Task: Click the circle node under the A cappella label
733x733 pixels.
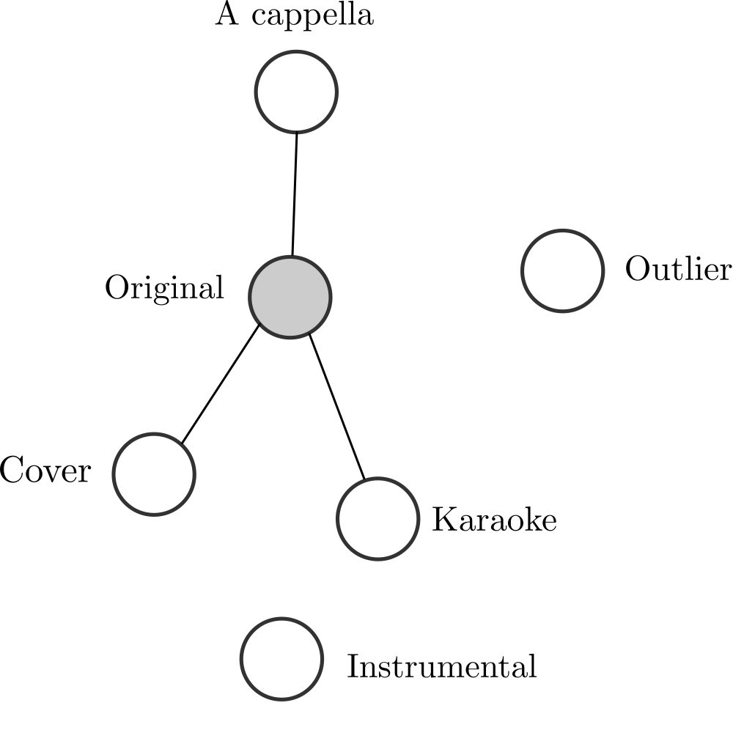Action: (x=296, y=92)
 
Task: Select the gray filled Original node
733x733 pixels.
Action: (x=290, y=297)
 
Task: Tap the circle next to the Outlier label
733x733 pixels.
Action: (x=563, y=270)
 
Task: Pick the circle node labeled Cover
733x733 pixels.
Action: (x=154, y=474)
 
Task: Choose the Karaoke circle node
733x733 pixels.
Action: (x=377, y=519)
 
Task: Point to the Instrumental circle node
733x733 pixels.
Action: (x=282, y=658)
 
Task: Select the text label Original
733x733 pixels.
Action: (x=164, y=288)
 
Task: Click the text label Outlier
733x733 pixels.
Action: (x=678, y=270)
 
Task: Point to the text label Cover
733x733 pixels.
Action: (x=45, y=471)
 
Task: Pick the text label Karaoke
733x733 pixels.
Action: (x=494, y=520)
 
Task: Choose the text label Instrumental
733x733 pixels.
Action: (x=441, y=667)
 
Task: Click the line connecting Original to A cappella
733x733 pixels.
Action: (x=294, y=194)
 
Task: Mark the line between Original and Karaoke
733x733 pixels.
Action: (x=336, y=408)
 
